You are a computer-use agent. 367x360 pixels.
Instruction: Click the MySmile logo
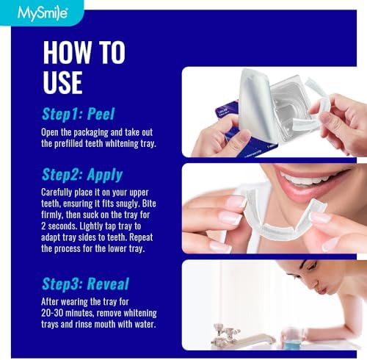point(27,11)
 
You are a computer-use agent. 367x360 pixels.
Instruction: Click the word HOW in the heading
point(68,54)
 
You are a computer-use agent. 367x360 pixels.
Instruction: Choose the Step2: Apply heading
point(81,175)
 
